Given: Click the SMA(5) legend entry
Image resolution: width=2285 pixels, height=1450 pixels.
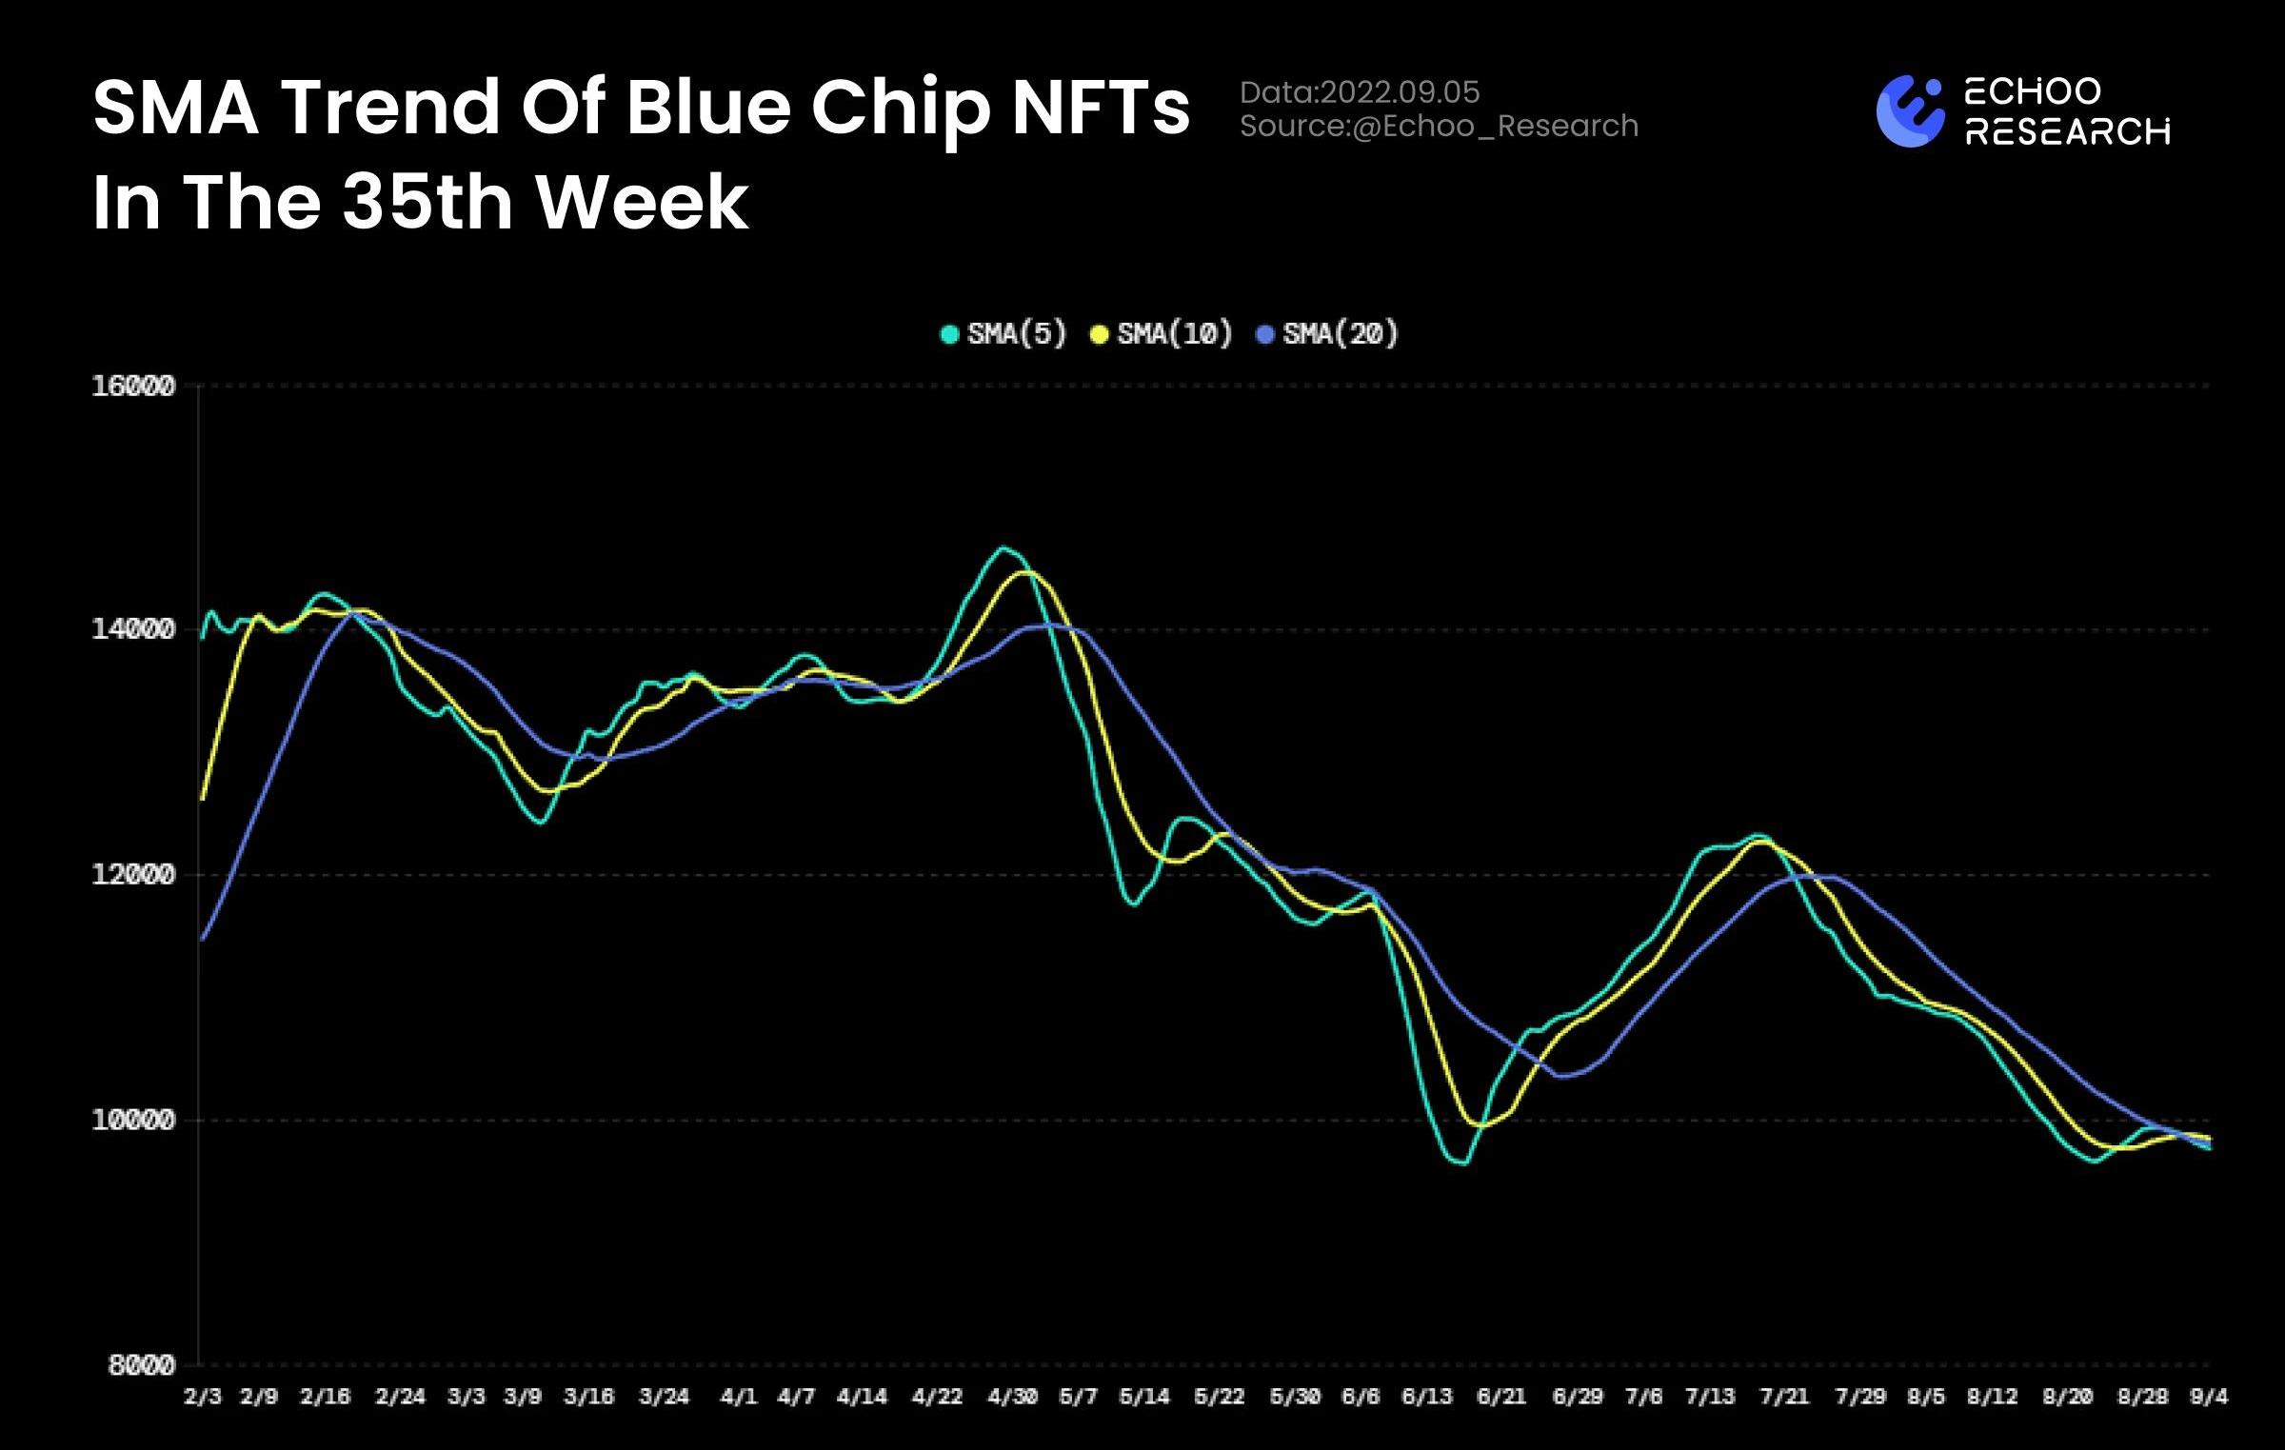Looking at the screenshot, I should [1003, 334].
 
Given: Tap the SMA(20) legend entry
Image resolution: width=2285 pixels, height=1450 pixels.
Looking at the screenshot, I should [1328, 334].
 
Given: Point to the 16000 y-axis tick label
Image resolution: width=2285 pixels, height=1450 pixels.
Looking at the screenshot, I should [133, 387].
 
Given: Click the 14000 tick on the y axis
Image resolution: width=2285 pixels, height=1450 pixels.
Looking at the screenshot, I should [133, 629].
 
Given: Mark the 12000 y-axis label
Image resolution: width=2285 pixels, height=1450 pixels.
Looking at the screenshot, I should [133, 874].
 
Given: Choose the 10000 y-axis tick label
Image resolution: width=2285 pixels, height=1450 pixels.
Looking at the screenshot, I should [133, 1120].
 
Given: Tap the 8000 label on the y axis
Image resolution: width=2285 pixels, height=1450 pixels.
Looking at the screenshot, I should [142, 1365].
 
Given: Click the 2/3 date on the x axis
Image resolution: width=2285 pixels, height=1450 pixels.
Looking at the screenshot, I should [202, 1397].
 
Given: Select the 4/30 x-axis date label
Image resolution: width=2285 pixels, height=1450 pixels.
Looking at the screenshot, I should [1012, 1397].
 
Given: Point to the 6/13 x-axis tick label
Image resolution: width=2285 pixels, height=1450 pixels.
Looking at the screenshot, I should [1427, 1397].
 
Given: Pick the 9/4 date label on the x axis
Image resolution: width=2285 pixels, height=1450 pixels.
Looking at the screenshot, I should [2209, 1397].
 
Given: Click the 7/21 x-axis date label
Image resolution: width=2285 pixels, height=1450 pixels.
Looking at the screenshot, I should [1784, 1397].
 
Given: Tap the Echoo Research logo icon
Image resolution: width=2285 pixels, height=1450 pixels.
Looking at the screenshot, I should [1910, 111].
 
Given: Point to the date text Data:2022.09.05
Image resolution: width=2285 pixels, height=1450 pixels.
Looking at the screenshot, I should [1360, 92].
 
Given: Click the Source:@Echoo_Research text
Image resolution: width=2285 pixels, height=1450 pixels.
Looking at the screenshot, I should [1439, 126].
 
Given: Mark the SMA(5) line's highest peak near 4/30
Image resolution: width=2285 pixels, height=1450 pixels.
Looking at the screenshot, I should [1003, 547].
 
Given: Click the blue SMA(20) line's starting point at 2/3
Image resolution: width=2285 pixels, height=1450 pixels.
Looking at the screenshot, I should [203, 940].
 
